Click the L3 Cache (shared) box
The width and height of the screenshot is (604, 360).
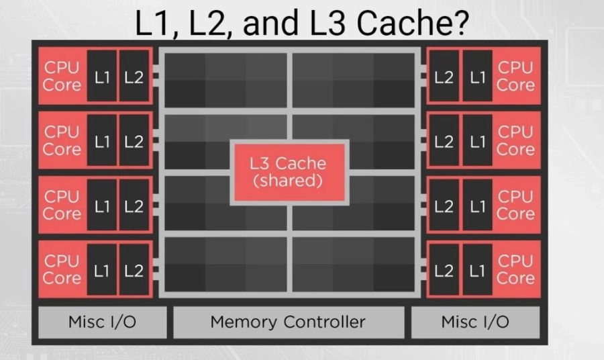(289, 171)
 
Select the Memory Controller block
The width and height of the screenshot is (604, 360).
(289, 322)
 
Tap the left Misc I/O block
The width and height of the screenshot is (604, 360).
(102, 322)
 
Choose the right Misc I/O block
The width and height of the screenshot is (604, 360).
(475, 322)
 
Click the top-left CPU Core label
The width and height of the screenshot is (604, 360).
(62, 76)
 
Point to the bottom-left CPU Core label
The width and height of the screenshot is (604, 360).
(62, 269)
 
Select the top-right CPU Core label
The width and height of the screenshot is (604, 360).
(515, 76)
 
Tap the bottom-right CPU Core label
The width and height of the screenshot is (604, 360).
(515, 269)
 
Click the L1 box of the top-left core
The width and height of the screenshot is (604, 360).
(101, 77)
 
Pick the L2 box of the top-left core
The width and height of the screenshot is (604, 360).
(134, 77)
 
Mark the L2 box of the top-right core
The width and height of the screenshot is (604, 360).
(444, 77)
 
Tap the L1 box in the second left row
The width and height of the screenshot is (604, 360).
(101, 141)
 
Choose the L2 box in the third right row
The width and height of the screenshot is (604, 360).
(444, 206)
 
